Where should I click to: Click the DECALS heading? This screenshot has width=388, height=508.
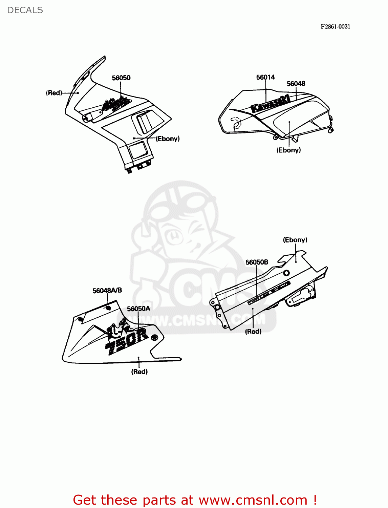coord(25,10)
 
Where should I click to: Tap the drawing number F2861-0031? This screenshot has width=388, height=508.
coord(335,26)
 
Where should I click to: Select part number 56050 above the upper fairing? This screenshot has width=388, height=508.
coord(121,78)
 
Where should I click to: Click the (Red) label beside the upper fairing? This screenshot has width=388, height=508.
coord(54,93)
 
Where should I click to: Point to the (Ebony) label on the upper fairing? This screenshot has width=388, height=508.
coord(168,139)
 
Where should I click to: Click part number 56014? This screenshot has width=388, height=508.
coord(265,77)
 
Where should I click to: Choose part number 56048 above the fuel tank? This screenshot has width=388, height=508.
coord(296,84)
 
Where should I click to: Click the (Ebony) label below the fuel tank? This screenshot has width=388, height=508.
coord(288,150)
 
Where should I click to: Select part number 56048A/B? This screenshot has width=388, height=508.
coord(107,291)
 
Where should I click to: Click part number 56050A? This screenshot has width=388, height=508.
coord(138,309)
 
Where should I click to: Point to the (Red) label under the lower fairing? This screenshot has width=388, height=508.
coord(139,372)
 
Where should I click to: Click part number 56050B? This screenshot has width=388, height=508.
coord(257,262)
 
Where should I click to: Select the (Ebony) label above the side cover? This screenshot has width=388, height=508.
coord(295,240)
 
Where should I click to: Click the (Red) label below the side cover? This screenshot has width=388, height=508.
coord(253,332)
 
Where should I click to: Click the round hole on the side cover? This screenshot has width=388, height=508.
coord(286,273)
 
